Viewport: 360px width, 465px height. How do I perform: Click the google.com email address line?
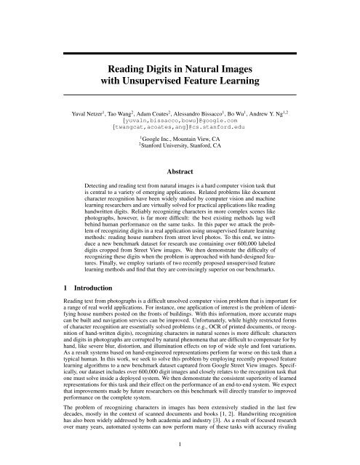click(180, 123)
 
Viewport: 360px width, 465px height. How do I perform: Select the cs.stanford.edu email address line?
click(180, 131)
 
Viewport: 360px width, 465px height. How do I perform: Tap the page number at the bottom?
click(180, 450)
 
